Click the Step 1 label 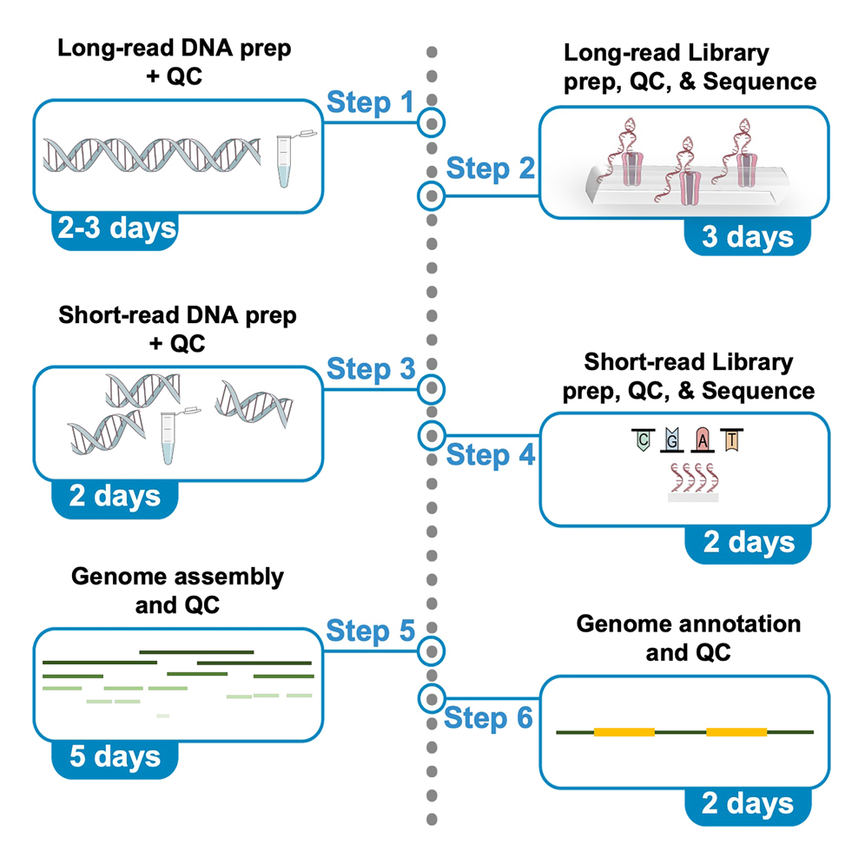coord(370,103)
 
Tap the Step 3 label coord(370,370)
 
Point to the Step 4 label coord(490,454)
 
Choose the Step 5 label coord(370,632)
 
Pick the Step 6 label coord(490,718)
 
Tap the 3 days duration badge coord(748,237)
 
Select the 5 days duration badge coord(115,756)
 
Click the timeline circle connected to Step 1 coord(431,123)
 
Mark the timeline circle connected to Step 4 coord(431,433)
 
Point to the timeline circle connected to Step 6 coord(431,697)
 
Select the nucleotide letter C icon coord(642,441)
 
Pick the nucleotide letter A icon coord(703,441)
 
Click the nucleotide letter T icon coord(732,441)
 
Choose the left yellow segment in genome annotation coord(624,732)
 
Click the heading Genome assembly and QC coord(176,590)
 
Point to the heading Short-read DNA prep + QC coord(176,328)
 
